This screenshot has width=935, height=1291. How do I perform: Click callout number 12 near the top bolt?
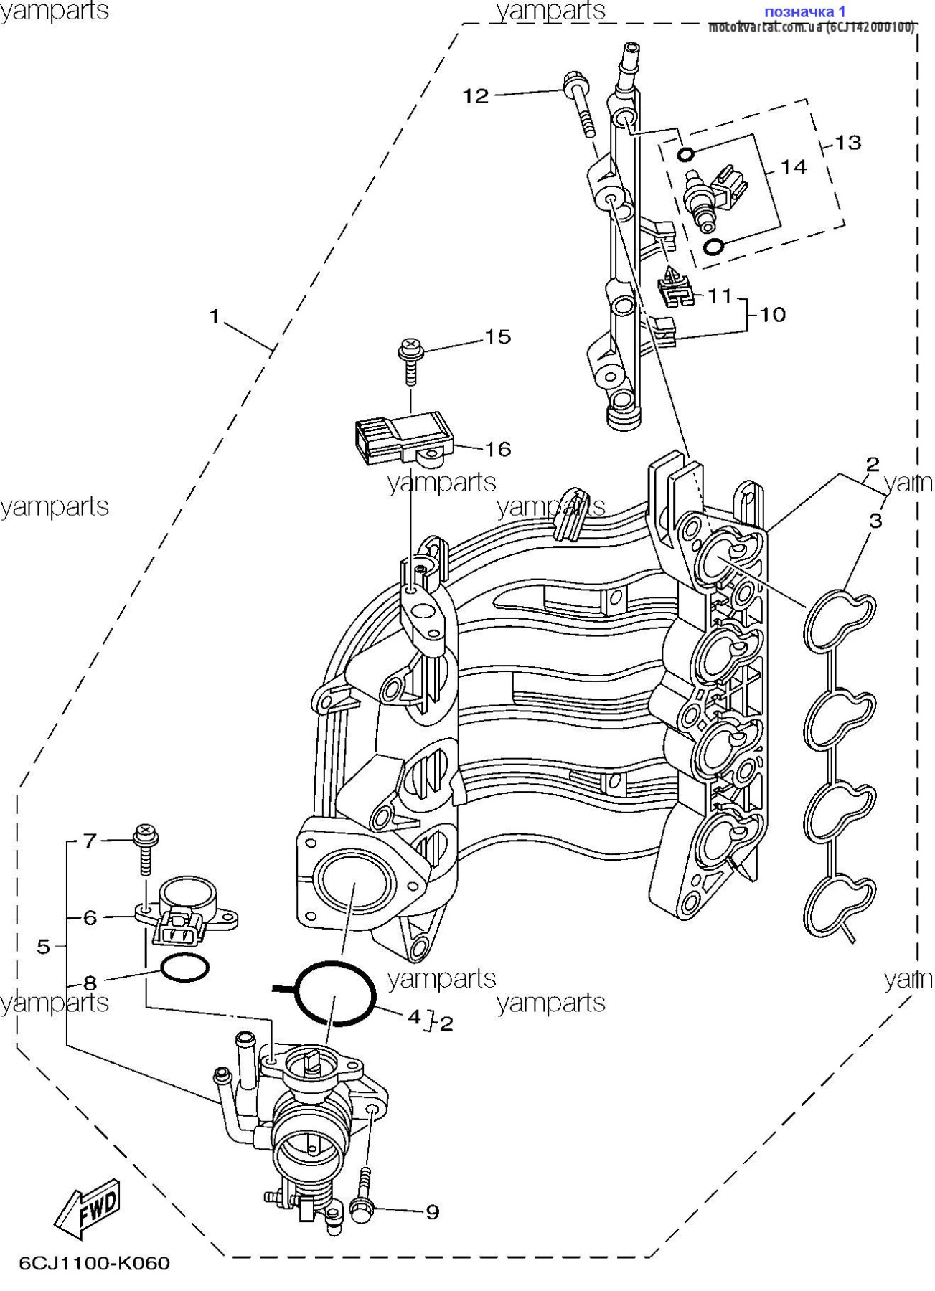point(475,95)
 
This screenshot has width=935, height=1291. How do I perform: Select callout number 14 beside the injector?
point(793,167)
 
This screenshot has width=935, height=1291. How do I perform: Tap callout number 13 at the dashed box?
point(847,143)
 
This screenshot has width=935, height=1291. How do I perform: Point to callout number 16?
point(498,450)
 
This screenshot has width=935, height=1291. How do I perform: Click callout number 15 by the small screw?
point(498,336)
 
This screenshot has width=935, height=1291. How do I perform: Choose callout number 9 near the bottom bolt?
point(432,1211)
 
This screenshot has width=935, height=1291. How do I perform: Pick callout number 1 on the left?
point(214,316)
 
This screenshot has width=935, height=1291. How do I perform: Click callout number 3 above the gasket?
point(875,521)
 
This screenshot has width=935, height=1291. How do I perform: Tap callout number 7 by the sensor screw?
point(90,840)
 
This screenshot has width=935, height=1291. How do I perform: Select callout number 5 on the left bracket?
point(43,947)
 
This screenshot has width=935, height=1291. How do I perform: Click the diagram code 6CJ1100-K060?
point(94,1263)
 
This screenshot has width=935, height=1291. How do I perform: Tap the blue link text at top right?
point(804,11)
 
